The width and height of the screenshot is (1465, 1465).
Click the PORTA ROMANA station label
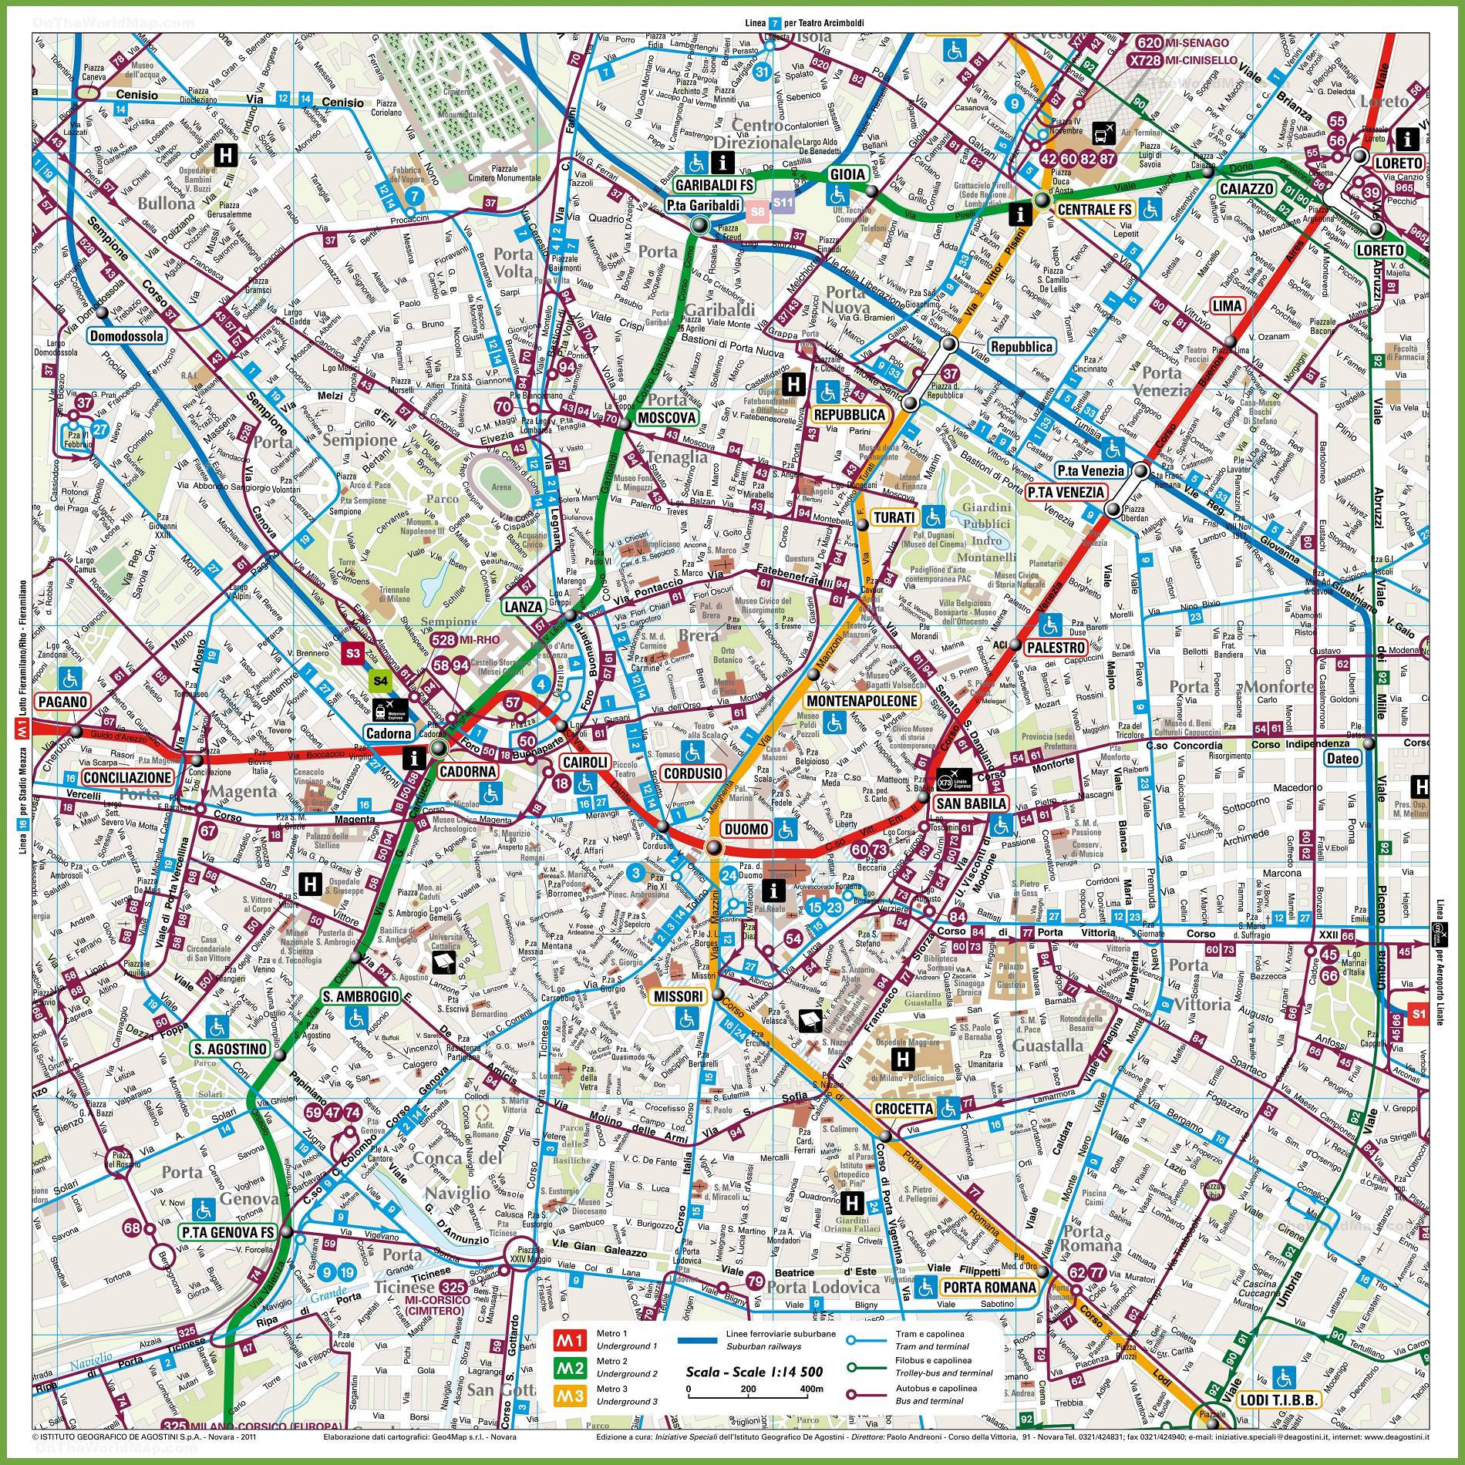click(x=988, y=1287)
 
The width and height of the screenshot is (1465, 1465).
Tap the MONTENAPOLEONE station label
click(x=861, y=701)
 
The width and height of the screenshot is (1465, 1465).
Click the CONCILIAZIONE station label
click(x=126, y=777)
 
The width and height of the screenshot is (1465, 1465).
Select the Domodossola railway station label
click(x=127, y=336)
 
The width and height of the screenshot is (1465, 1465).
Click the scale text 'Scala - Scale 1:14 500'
click(x=754, y=1372)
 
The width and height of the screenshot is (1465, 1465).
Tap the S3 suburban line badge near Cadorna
click(x=353, y=653)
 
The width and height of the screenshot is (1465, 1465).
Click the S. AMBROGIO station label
click(x=349, y=997)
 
